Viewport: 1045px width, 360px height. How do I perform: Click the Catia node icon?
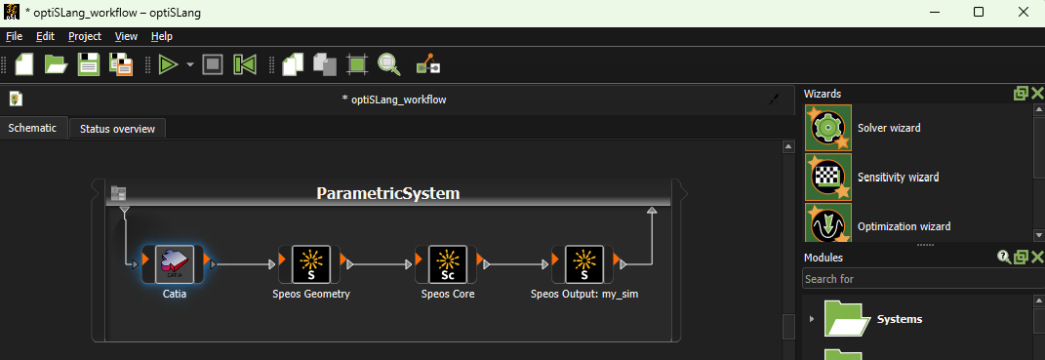pos(175,263)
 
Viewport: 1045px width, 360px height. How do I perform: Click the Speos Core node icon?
pos(448,263)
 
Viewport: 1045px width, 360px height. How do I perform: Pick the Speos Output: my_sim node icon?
pos(584,263)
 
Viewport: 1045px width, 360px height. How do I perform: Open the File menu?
pos(14,36)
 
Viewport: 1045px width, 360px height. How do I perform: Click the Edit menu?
pos(45,36)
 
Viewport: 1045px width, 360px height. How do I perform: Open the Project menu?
pos(85,36)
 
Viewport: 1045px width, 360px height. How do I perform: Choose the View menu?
pos(126,36)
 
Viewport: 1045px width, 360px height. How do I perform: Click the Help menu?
pos(162,36)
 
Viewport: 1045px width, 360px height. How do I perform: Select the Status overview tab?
pos(117,129)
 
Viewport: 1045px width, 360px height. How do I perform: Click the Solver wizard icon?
pos(827,128)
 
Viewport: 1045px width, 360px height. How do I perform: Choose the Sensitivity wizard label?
pos(898,178)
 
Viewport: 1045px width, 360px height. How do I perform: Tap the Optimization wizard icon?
pos(827,223)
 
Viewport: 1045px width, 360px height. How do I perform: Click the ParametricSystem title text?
pos(387,193)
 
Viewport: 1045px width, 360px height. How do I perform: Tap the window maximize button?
pos(979,12)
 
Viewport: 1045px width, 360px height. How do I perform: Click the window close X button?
pos(1023,12)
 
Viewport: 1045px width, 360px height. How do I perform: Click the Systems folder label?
pos(900,319)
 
